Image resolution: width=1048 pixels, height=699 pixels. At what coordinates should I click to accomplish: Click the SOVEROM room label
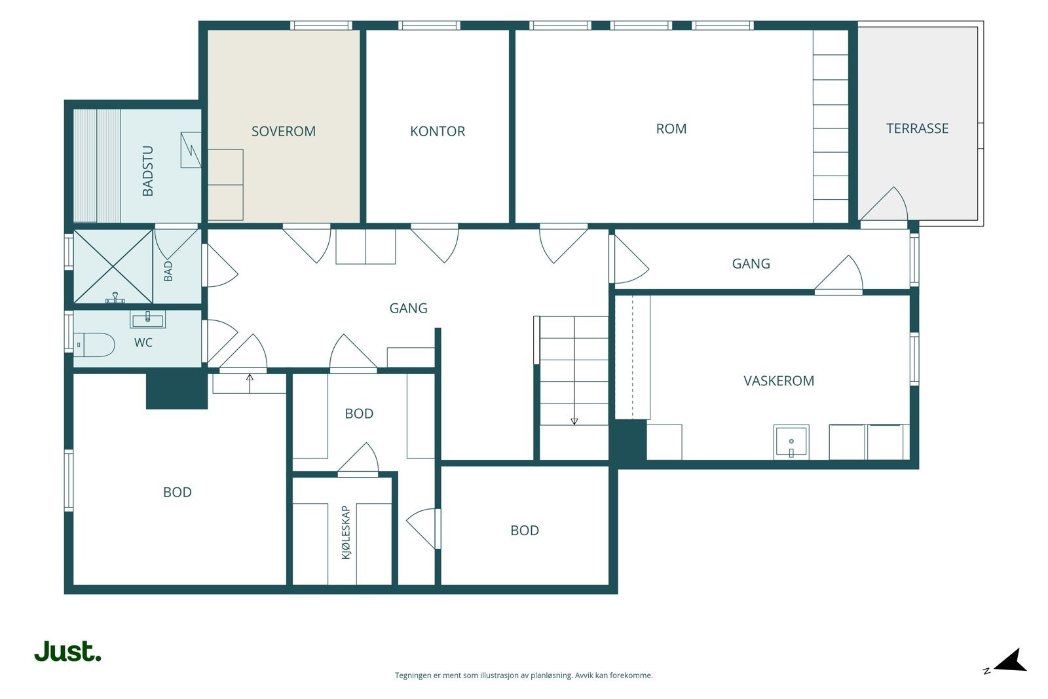pyautogui.click(x=284, y=132)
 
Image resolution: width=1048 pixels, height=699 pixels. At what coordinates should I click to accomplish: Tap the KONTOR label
pyautogui.click(x=438, y=132)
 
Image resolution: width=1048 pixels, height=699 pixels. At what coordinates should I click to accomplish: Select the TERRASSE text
pyautogui.click(x=918, y=128)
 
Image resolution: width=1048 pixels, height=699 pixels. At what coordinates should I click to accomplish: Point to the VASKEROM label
pyautogui.click(x=779, y=381)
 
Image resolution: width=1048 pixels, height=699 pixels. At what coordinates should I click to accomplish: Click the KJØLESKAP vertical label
pyautogui.click(x=346, y=533)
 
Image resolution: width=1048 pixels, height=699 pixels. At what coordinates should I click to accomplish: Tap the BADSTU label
pyautogui.click(x=147, y=171)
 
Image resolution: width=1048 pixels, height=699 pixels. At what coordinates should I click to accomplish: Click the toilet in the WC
pyautogui.click(x=94, y=345)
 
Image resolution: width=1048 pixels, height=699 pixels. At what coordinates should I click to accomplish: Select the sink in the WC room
pyautogui.click(x=147, y=320)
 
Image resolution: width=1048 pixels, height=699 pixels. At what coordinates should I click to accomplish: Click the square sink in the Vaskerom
pyautogui.click(x=791, y=442)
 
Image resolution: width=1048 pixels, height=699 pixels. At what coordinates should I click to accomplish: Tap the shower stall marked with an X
pyautogui.click(x=113, y=267)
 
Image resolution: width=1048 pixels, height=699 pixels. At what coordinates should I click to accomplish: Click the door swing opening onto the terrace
pyautogui.click(x=884, y=204)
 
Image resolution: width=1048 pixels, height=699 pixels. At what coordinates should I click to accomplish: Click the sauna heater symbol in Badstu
pyautogui.click(x=191, y=150)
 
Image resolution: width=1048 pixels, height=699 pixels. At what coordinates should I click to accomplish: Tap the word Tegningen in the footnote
pyautogui.click(x=414, y=675)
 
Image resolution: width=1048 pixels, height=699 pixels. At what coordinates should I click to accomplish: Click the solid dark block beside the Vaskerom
pyautogui.click(x=628, y=440)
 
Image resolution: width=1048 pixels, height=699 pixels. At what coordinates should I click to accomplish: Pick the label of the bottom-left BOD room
pyautogui.click(x=178, y=492)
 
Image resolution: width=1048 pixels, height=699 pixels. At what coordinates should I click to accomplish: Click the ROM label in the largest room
pyautogui.click(x=671, y=128)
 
